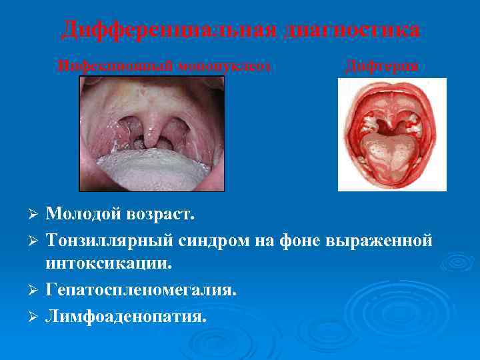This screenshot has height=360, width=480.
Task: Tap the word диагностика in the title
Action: click(353, 29)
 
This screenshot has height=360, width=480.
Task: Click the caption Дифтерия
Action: click(382, 65)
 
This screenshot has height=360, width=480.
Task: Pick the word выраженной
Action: click(379, 240)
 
